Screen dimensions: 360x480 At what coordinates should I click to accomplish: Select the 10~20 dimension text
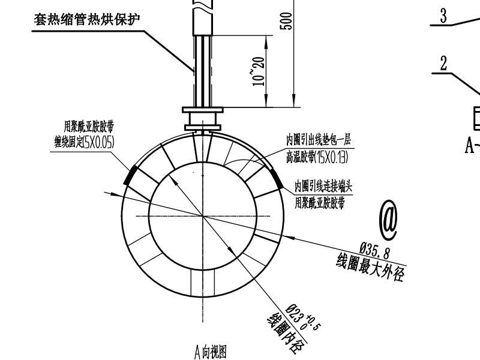pyautogui.click(x=259, y=71)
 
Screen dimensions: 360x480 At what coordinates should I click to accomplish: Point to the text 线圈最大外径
pyautogui.click(x=371, y=266)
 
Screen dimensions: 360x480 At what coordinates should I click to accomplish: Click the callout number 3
pyautogui.click(x=443, y=16)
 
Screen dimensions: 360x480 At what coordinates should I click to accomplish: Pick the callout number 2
pyautogui.click(x=443, y=65)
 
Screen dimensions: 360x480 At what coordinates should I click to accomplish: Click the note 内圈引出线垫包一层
pyautogui.click(x=318, y=140)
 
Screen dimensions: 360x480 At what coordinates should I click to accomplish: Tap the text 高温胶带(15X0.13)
pyautogui.click(x=318, y=155)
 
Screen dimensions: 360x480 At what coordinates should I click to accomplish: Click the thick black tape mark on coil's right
pyautogui.click(x=278, y=179)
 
